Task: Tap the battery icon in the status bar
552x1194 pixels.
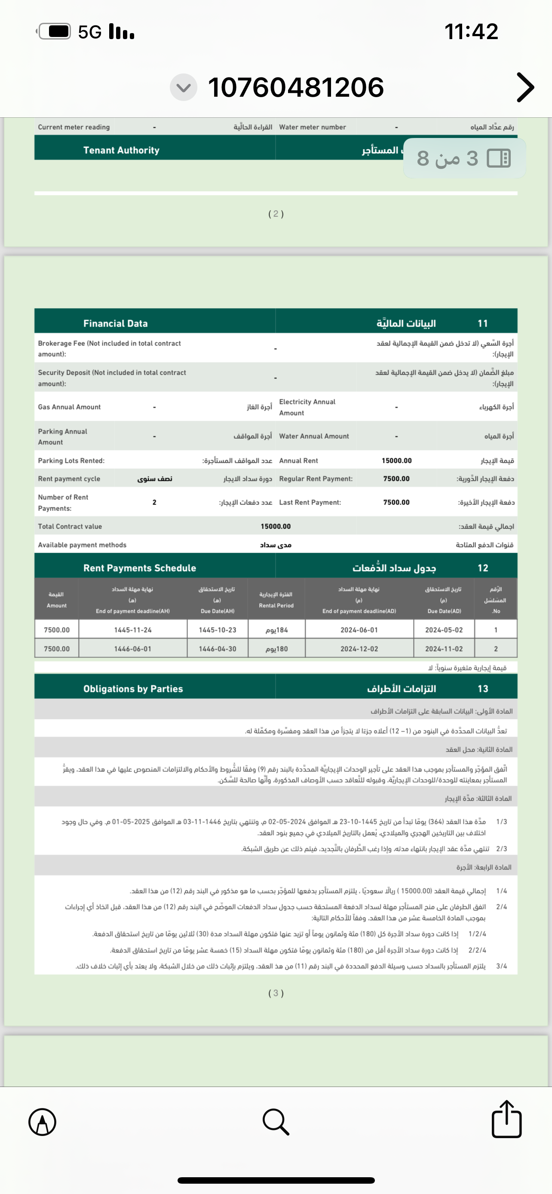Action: (55, 31)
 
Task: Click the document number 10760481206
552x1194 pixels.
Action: (296, 87)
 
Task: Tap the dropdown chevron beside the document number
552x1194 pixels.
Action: (184, 87)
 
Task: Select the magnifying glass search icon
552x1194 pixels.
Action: (276, 1122)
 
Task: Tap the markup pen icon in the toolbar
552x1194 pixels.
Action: (43, 1122)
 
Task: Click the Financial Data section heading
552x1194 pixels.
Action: (115, 324)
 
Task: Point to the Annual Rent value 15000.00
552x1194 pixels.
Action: (396, 461)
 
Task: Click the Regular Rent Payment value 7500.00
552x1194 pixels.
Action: (396, 479)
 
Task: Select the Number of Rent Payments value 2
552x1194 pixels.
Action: (154, 502)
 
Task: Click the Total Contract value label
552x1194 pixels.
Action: (70, 527)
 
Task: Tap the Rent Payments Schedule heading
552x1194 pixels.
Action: (140, 568)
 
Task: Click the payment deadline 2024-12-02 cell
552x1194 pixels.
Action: (359, 649)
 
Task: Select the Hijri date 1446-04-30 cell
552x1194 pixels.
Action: (218, 649)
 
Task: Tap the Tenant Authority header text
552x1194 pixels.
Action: (121, 150)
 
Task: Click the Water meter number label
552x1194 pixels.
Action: (313, 127)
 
